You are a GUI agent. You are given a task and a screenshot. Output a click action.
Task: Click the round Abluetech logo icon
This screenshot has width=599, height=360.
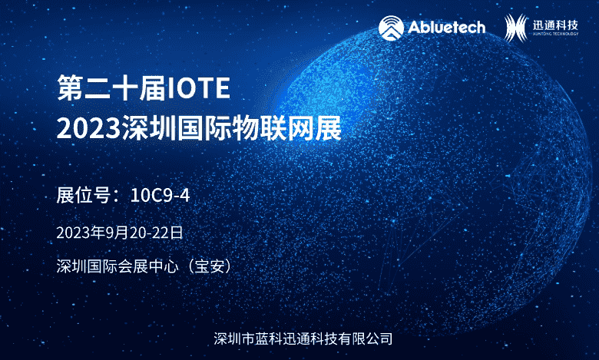coord(391,28)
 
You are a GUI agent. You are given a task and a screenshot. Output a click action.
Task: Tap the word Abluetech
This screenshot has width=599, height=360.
coord(447,28)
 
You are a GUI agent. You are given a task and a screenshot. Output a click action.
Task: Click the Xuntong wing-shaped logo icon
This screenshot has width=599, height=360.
coord(516,28)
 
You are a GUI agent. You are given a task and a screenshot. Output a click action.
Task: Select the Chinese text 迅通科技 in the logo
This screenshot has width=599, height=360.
coord(555,25)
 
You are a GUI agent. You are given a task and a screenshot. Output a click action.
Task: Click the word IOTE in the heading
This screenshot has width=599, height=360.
coord(199,88)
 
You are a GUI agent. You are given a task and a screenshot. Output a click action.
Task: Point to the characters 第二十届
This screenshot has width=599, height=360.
coord(111,88)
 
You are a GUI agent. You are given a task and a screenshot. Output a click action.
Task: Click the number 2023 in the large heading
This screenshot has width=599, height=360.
coord(88,129)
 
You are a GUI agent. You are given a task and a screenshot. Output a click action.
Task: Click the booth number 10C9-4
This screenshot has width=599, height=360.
coord(160,196)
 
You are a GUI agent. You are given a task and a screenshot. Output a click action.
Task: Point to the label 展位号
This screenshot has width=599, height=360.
coord(83,196)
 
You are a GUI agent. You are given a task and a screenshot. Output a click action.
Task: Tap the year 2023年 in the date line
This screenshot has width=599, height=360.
coord(81,233)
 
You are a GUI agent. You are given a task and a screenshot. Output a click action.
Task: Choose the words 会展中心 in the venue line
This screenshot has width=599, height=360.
coord(148,266)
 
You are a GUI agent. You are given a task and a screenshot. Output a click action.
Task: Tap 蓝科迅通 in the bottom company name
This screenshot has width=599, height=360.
coord(289,339)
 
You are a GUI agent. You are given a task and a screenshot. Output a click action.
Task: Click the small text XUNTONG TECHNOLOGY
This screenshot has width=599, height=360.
coord(555,34)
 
